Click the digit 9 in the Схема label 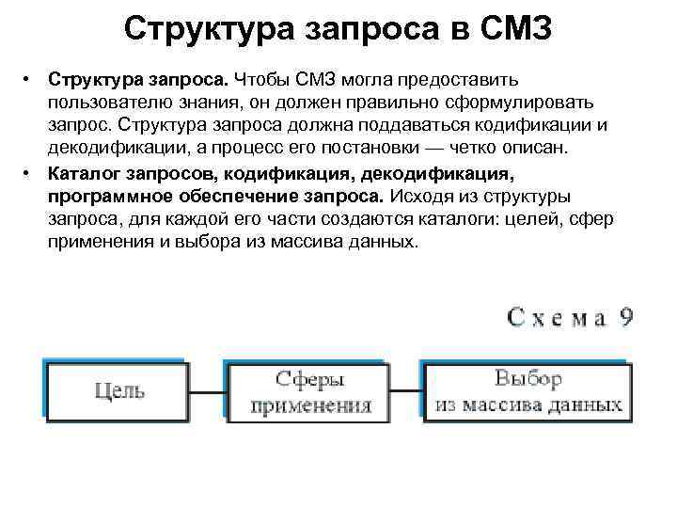624,315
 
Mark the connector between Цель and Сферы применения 211,388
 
